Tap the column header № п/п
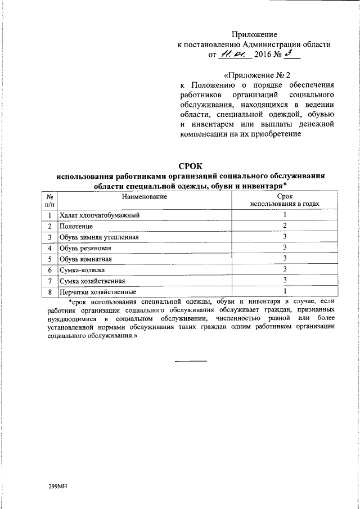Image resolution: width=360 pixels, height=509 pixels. click(50, 200)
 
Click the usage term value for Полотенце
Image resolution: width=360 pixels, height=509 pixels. click(285, 226)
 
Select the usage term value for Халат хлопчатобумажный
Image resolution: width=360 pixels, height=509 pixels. click(285, 215)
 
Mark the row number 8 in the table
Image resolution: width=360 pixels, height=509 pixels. click(50, 291)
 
